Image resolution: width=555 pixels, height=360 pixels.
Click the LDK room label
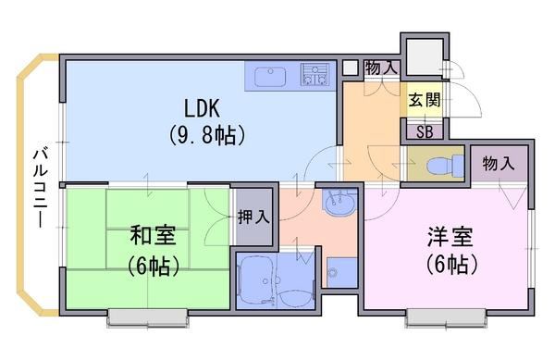(x=202, y=108)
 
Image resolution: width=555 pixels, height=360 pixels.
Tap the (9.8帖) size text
(x=206, y=135)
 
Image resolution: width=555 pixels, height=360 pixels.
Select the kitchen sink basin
(x=271, y=77)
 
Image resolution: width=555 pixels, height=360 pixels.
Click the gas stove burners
(x=314, y=75)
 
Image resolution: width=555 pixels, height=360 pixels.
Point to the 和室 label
(x=153, y=235)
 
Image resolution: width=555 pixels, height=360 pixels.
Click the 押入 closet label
(x=253, y=217)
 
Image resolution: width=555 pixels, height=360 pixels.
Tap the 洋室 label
(x=450, y=237)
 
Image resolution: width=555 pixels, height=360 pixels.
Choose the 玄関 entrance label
(x=425, y=100)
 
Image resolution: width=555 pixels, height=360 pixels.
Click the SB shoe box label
(x=425, y=132)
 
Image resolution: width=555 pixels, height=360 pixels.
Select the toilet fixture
(x=445, y=166)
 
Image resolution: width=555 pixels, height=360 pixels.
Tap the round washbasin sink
(x=339, y=204)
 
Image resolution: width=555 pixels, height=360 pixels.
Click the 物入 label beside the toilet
(x=499, y=164)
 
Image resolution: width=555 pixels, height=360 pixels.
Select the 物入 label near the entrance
(x=382, y=68)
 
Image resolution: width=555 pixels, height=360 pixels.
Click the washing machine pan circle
(x=332, y=273)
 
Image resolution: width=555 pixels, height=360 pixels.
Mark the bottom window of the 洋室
(x=446, y=317)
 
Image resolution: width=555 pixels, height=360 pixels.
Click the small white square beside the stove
(x=351, y=68)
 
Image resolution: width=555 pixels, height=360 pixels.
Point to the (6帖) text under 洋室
(x=452, y=264)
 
